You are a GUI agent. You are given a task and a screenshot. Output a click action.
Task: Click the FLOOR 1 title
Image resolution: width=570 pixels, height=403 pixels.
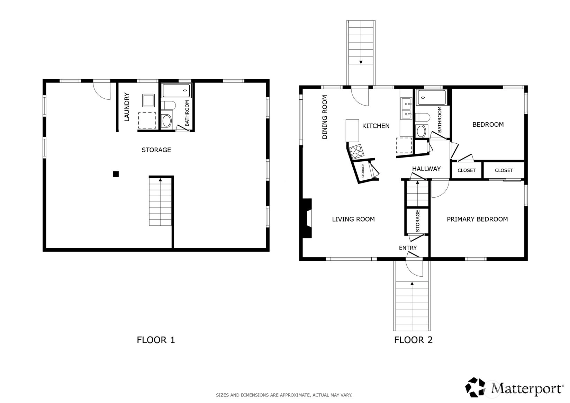pos(156,340)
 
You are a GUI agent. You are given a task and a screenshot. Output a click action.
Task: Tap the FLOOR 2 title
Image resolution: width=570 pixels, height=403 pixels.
pos(413,340)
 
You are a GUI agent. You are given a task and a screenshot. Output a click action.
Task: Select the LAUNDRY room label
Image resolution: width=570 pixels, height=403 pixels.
pos(127,107)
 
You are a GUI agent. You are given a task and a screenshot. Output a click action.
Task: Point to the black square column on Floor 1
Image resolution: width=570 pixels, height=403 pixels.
pos(116,174)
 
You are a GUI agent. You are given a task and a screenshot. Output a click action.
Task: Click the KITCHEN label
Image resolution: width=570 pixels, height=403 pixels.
pos(376,126)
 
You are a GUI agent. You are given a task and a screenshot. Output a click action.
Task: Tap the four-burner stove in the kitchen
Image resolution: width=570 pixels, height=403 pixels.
pos(357,152)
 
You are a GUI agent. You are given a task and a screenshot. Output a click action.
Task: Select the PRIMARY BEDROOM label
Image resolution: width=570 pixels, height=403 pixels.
pos(477,219)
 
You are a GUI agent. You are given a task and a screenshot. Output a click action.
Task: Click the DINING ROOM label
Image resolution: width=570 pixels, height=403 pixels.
pos(325,117)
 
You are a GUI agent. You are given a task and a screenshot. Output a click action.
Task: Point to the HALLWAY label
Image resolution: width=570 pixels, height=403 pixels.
pos(426,169)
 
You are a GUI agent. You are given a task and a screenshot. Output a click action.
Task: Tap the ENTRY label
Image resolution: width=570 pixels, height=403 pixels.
pos(408,248)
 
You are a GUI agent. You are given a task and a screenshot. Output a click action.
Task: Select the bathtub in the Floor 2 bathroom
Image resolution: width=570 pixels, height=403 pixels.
pos(431,98)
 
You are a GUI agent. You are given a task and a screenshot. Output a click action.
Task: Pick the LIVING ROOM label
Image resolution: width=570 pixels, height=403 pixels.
pos(353,219)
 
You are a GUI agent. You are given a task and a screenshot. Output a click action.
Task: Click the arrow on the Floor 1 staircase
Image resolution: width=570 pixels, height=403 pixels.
pos(160,180)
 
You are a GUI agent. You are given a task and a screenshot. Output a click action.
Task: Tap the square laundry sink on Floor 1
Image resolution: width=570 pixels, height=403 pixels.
pos(148,100)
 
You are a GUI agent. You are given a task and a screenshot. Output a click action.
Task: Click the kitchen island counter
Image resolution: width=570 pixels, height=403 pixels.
pos(352,131)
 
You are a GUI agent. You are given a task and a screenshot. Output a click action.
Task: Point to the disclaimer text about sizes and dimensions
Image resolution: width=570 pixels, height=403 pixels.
pos(284,395)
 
